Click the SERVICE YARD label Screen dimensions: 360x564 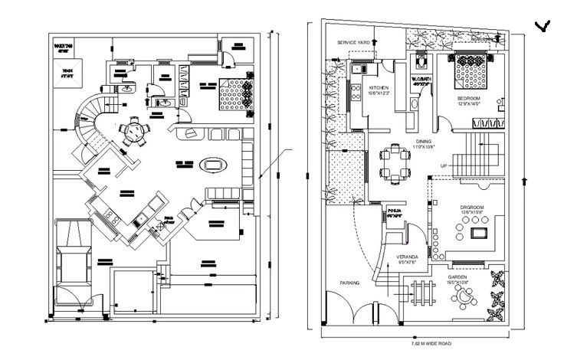[354, 42]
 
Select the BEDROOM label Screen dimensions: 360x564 [468, 99]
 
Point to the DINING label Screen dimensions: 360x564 [424, 142]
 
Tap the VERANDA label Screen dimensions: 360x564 [406, 257]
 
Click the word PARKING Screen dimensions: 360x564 [349, 283]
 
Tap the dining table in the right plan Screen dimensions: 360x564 [395, 164]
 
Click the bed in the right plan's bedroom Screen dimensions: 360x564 [467, 73]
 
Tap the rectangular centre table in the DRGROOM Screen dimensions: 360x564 [480, 232]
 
